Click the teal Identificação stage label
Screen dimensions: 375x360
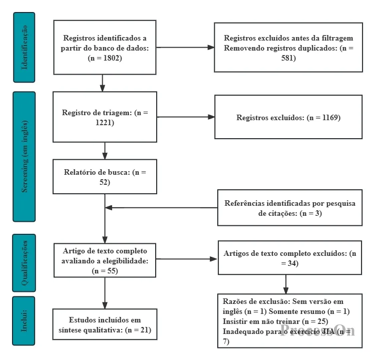[x=24, y=48]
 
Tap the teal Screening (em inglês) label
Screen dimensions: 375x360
[x=24, y=157]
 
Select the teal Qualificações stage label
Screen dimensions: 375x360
[x=24, y=263]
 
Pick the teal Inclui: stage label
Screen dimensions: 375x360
[x=24, y=321]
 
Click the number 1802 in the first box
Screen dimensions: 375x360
[x=111, y=58]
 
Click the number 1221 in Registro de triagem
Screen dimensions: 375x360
[x=104, y=123]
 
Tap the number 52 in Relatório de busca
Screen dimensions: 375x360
[x=104, y=182]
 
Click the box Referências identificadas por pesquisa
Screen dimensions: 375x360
[x=290, y=208]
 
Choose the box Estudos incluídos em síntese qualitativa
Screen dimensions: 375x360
[x=105, y=324]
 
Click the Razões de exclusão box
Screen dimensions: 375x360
[x=290, y=321]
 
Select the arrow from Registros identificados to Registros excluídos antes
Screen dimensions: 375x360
[x=185, y=48]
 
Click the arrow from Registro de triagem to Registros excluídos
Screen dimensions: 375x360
[x=186, y=117]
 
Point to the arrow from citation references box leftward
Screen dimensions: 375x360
[x=161, y=208]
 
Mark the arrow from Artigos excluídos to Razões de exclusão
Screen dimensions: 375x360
[x=286, y=284]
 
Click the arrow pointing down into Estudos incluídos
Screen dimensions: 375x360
[x=105, y=293]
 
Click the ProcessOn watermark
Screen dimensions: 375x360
[x=317, y=330]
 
